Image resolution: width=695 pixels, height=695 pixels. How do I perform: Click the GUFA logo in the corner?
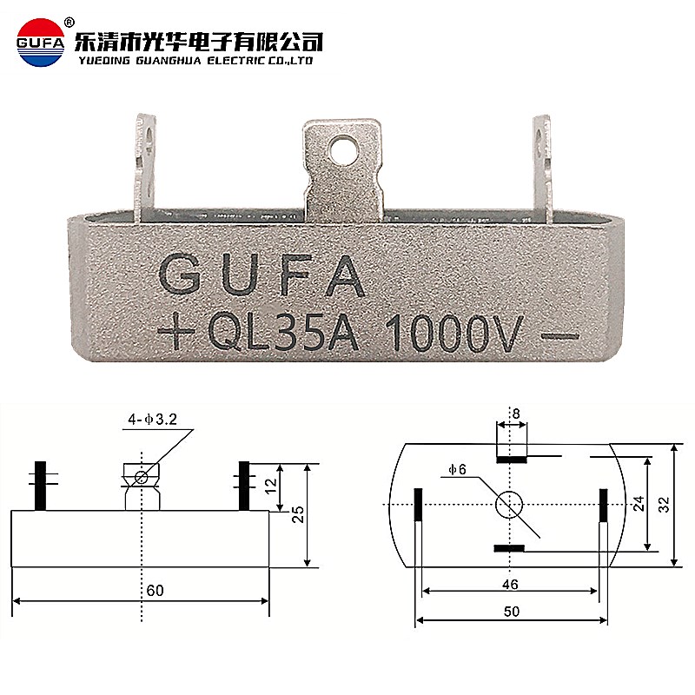click(x=39, y=42)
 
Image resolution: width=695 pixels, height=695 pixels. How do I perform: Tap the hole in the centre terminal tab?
click(x=346, y=154)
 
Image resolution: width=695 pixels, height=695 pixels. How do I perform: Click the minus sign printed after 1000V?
click(x=559, y=334)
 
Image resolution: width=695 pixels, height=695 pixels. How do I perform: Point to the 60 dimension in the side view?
click(x=156, y=591)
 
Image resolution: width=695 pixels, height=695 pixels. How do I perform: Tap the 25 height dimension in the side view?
click(x=299, y=513)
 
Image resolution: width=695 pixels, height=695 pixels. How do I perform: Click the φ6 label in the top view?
click(x=458, y=470)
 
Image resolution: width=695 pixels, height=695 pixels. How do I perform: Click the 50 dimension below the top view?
click(x=511, y=611)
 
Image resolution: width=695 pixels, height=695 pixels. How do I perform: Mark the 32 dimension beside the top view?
click(x=665, y=504)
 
